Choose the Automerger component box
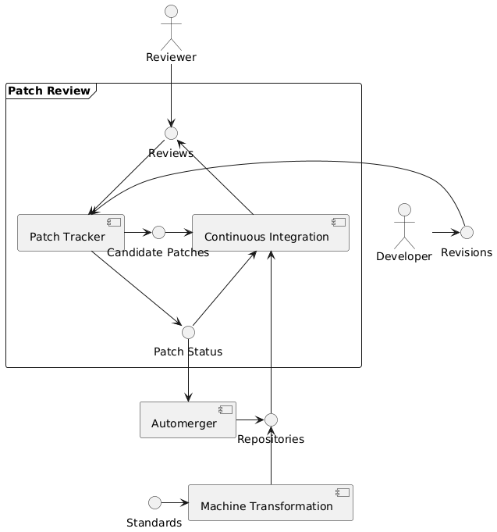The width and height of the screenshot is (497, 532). click(188, 420)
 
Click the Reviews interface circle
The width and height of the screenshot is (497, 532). click(172, 133)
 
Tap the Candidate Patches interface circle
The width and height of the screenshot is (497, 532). click(159, 232)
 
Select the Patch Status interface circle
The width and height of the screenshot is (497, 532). click(187, 331)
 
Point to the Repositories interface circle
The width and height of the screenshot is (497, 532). click(271, 420)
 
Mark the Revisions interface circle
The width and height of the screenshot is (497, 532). click(467, 232)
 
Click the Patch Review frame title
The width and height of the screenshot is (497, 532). click(48, 91)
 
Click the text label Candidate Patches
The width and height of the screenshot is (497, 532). click(158, 252)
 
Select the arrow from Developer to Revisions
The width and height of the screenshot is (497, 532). click(445, 232)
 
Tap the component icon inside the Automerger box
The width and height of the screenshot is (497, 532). click(225, 409)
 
